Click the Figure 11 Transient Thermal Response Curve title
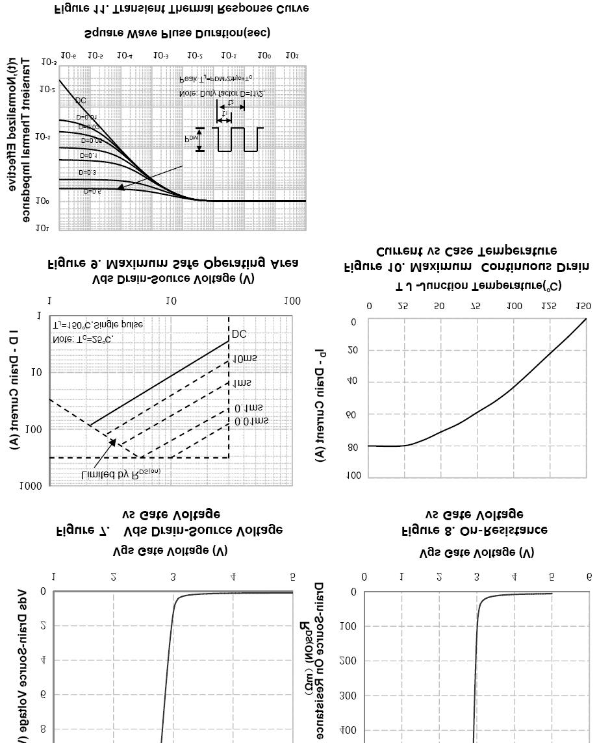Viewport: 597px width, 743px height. pos(181,8)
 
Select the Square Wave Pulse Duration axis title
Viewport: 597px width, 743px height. pos(177,32)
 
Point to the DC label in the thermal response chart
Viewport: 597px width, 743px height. pos(81,101)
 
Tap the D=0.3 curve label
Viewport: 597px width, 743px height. pos(87,172)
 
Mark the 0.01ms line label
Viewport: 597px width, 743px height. pos(251,421)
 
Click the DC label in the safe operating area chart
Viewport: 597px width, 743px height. pos(239,334)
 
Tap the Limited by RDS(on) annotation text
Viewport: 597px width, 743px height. pos(120,473)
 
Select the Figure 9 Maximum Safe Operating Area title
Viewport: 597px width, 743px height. pos(173,263)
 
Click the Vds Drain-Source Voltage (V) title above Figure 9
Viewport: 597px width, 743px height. pos(173,278)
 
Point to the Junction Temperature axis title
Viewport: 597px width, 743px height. pos(478,286)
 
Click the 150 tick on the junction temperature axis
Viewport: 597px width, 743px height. pos(583,306)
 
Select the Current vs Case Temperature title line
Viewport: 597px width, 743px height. pos(466,251)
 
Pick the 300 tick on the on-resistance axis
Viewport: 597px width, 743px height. pos(349,696)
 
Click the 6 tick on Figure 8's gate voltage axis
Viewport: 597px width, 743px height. pos(589,577)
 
